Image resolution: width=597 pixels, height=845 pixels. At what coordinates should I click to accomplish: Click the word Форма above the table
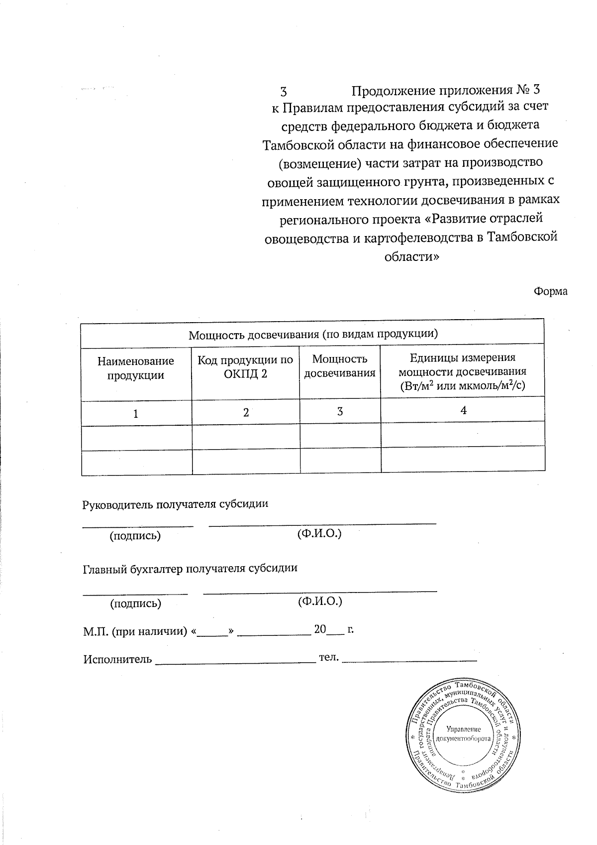click(x=550, y=291)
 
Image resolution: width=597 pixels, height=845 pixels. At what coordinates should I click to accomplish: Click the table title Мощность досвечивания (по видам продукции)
click(x=313, y=334)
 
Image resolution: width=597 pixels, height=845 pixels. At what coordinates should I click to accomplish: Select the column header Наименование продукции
click(x=136, y=368)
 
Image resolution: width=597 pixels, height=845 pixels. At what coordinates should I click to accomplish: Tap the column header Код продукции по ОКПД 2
click(x=245, y=366)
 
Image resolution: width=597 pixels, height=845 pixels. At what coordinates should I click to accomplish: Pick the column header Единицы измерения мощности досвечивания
click(x=462, y=371)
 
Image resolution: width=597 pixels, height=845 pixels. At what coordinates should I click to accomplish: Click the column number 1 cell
click(x=136, y=413)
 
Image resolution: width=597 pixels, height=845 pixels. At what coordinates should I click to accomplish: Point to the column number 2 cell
click(x=246, y=412)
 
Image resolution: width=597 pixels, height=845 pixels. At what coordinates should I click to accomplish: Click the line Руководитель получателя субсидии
click(x=175, y=504)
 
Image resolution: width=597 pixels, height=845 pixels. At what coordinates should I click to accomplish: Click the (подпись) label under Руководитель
click(x=135, y=536)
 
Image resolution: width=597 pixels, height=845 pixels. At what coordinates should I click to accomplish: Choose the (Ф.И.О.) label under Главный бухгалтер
click(x=320, y=602)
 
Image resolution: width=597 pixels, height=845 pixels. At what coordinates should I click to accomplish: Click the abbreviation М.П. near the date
click(x=95, y=632)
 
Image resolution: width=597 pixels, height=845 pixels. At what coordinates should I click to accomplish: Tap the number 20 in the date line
click(x=320, y=629)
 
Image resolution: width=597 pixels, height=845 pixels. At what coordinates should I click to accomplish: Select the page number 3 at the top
click(x=284, y=92)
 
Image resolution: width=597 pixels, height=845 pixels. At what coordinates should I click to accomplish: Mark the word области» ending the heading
click(x=411, y=257)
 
